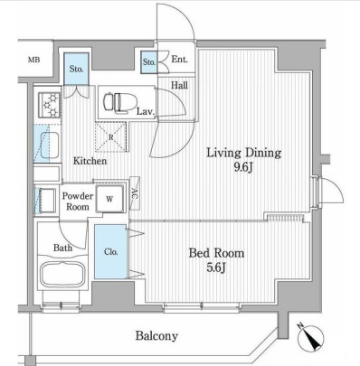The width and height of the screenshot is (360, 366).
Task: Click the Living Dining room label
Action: [243, 153]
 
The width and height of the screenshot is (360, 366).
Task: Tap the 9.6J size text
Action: [243, 168]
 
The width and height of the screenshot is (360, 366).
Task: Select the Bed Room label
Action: [216, 253]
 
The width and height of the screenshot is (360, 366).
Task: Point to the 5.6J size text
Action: [216, 267]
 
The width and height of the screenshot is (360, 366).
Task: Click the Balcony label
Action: [156, 336]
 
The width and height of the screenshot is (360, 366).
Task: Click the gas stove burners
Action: [50, 105]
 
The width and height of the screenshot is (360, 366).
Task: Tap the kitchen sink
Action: [47, 144]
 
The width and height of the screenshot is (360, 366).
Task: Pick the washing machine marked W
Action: [109, 199]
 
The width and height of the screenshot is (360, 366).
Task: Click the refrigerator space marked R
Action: [110, 137]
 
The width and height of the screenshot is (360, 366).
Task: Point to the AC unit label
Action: [135, 193]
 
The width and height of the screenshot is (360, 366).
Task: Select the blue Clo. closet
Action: [110, 251]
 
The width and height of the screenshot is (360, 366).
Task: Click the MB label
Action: [34, 60]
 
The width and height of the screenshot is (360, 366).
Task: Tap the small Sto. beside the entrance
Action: [149, 62]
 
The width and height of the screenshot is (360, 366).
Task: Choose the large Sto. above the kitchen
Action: [76, 69]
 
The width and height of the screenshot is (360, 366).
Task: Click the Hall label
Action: [179, 86]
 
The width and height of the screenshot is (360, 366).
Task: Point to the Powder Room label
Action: [78, 202]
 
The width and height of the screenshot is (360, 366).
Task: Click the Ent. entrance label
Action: [179, 60]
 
